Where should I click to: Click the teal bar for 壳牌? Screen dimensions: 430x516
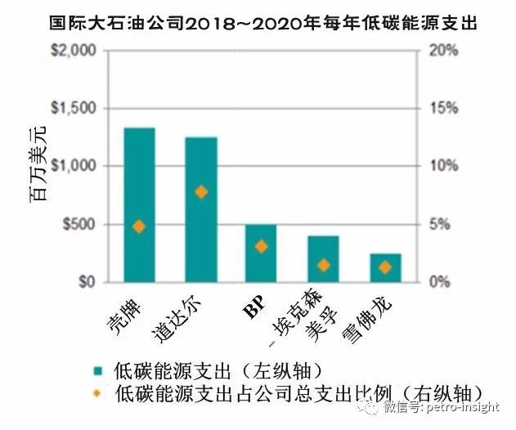138,204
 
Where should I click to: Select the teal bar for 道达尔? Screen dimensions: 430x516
200,209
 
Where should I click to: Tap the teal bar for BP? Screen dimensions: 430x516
261,253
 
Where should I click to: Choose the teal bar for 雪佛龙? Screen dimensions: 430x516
385,267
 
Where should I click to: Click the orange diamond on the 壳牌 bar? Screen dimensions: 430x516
138,226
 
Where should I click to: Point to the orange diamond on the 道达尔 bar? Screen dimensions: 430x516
201,192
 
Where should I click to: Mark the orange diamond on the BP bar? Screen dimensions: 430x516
261,246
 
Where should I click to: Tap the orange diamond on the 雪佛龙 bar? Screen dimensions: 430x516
385,267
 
